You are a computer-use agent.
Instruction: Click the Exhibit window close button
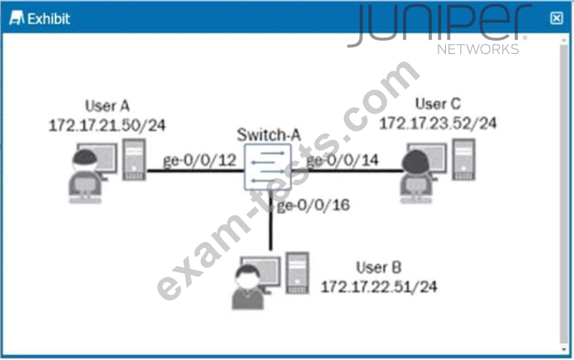click(557, 18)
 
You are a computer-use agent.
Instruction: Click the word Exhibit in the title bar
click(49, 19)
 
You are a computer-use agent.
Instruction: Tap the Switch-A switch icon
click(268, 166)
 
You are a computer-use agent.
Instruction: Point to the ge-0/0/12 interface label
click(199, 161)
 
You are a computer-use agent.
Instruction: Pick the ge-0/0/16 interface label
click(314, 205)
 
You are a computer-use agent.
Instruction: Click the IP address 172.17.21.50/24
click(107, 125)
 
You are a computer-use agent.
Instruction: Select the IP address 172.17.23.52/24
click(438, 123)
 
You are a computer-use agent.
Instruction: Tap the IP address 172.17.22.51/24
click(379, 287)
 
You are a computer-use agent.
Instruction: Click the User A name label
click(107, 106)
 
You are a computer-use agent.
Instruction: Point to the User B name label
click(379, 267)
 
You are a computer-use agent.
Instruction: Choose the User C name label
click(438, 104)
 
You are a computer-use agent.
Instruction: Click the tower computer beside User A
click(134, 160)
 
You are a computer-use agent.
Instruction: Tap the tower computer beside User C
click(463, 160)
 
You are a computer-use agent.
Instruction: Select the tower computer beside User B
click(296, 272)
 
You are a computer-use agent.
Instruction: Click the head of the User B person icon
click(247, 276)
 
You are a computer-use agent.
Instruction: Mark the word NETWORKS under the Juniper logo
click(478, 49)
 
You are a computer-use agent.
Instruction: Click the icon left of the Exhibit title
click(17, 19)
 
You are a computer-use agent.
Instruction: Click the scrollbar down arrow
click(563, 348)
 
